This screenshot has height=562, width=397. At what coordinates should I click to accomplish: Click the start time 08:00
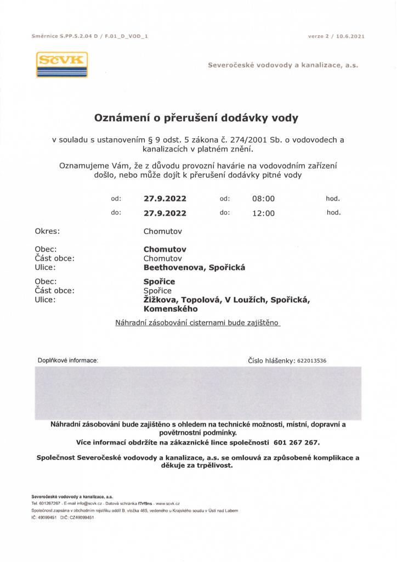263,199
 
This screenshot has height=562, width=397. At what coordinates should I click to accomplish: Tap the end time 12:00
263,213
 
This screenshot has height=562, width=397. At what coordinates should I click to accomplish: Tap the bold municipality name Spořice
159,282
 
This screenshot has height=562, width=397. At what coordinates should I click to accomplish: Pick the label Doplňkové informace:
68,361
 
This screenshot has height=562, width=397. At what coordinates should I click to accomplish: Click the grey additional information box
198,392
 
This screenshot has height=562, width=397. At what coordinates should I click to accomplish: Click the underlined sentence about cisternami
198,323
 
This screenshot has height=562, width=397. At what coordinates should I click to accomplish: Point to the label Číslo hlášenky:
271,361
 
